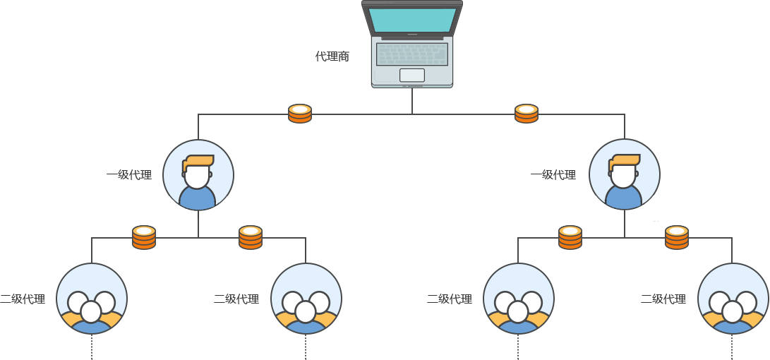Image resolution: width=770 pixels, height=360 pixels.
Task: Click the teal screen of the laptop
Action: [412, 20]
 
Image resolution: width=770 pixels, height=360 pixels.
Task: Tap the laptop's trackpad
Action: [412, 75]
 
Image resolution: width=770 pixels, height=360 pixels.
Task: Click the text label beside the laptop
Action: [332, 56]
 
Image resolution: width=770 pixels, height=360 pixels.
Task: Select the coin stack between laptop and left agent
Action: [300, 114]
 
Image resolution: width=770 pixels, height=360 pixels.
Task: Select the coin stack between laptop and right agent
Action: [527, 114]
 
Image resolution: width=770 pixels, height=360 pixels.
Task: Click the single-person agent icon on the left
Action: [198, 175]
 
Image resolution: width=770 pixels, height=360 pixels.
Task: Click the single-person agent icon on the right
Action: [624, 174]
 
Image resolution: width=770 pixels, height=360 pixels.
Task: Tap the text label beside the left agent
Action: [129, 174]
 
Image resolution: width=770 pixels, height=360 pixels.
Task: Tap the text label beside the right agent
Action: [553, 174]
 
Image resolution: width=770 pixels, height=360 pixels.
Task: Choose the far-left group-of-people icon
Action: [91, 299]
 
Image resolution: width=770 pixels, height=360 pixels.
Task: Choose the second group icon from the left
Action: [306, 299]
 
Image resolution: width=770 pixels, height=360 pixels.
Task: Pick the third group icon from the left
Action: [519, 299]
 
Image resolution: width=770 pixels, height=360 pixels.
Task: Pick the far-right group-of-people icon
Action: [733, 299]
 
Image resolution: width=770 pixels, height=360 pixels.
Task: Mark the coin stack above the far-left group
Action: [144, 237]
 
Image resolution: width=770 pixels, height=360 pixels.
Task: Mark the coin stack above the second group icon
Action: [251, 237]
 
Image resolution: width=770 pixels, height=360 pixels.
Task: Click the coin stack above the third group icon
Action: [570, 237]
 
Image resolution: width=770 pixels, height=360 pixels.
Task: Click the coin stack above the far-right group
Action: [677, 237]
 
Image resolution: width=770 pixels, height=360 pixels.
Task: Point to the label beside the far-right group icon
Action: [663, 299]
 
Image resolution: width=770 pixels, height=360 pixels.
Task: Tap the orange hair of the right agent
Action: [625, 161]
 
